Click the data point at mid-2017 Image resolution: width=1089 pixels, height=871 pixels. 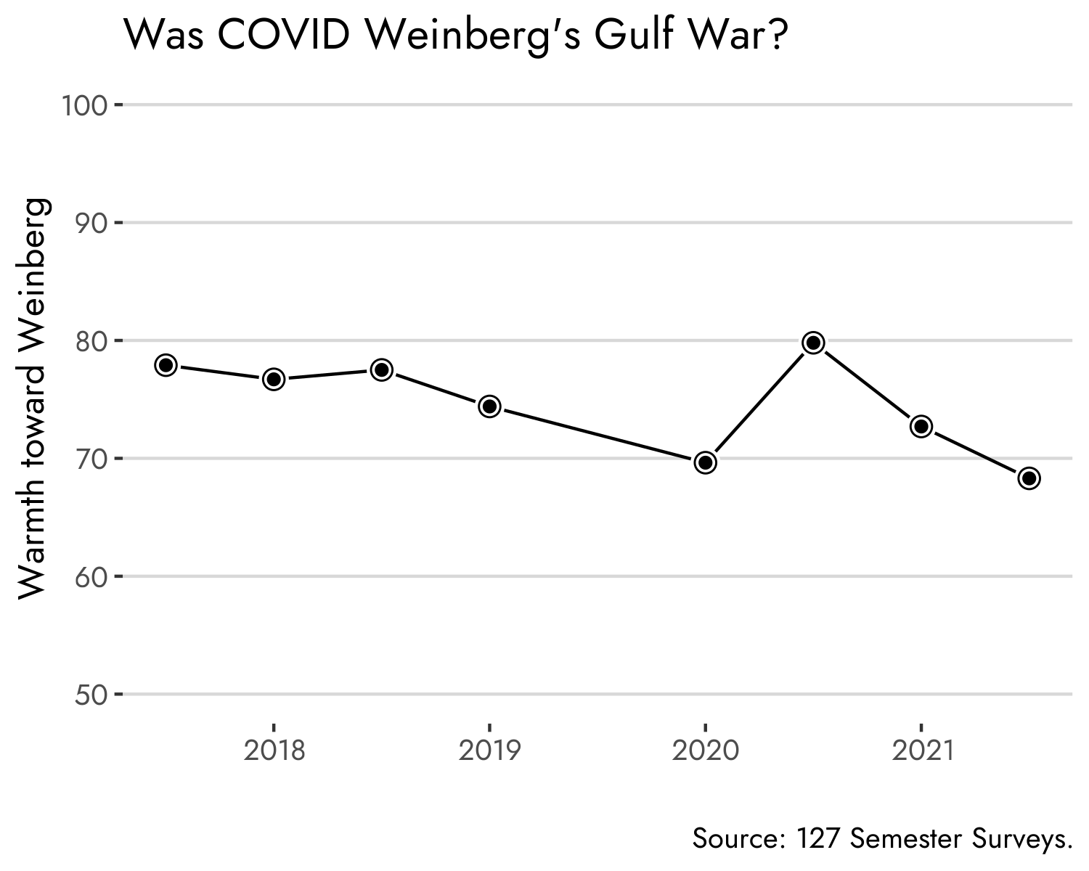click(x=166, y=365)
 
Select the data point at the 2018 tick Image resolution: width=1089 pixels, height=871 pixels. click(x=274, y=379)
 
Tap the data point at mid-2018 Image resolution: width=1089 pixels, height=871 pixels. click(x=382, y=369)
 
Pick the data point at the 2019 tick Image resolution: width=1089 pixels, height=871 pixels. click(x=490, y=406)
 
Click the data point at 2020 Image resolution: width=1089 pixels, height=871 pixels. click(x=705, y=462)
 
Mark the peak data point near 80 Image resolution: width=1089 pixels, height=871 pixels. click(x=813, y=343)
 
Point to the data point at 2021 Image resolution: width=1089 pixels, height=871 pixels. click(x=921, y=426)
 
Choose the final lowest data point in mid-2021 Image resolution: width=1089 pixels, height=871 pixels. click(x=1029, y=478)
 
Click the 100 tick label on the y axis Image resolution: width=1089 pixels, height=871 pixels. click(x=84, y=106)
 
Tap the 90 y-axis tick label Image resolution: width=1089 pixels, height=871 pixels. click(x=91, y=224)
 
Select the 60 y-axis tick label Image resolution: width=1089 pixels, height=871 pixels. click(x=91, y=578)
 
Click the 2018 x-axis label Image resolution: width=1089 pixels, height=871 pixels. click(x=274, y=751)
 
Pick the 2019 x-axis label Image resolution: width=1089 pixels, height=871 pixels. click(x=490, y=751)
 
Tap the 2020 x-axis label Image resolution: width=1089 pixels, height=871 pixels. click(x=705, y=751)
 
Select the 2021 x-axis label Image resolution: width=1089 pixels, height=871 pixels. click(x=921, y=751)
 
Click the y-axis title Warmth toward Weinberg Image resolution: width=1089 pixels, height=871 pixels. click(x=35, y=399)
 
